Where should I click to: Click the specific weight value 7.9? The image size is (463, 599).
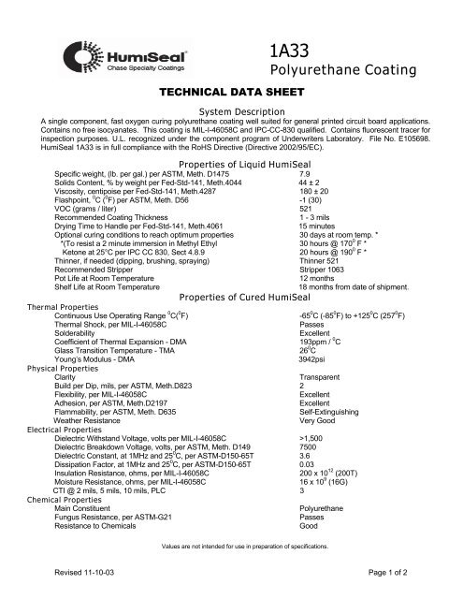pos(305,149)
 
